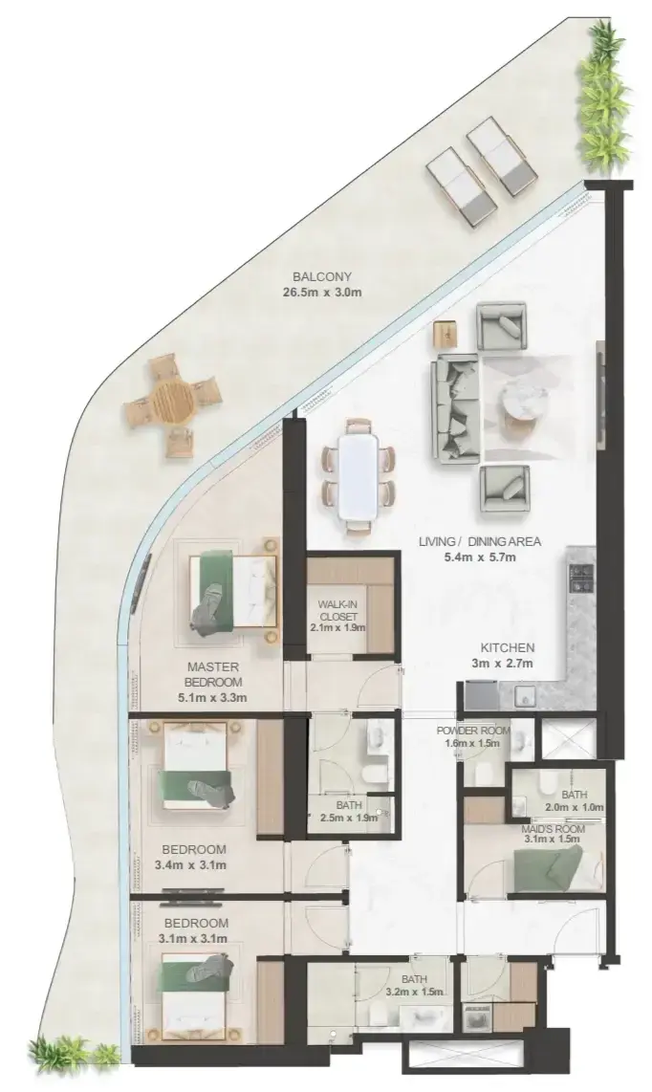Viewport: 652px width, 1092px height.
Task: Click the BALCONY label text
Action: point(322,275)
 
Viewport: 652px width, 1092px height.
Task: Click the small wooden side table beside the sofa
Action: point(446,333)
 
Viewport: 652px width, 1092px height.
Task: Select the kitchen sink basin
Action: point(525,695)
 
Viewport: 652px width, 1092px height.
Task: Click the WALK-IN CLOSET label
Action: point(337,610)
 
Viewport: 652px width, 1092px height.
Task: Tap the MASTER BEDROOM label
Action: point(213,674)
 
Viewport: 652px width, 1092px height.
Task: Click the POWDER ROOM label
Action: point(473,731)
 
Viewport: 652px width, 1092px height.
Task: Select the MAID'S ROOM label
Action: point(554,829)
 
